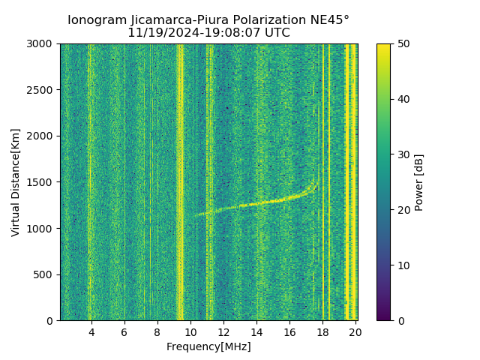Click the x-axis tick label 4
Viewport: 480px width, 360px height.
point(91,332)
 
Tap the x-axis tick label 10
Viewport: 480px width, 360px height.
point(190,332)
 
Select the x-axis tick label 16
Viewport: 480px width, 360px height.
point(289,332)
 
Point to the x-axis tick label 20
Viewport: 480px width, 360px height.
point(355,332)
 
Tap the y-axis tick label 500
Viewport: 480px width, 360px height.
point(44,274)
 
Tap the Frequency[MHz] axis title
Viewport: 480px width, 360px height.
point(208,346)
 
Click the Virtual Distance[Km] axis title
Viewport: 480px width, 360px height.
point(16,182)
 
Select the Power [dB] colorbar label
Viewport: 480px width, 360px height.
point(419,182)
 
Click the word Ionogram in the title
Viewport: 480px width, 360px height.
point(95,20)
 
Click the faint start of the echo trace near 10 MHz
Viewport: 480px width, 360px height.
point(196,215)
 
